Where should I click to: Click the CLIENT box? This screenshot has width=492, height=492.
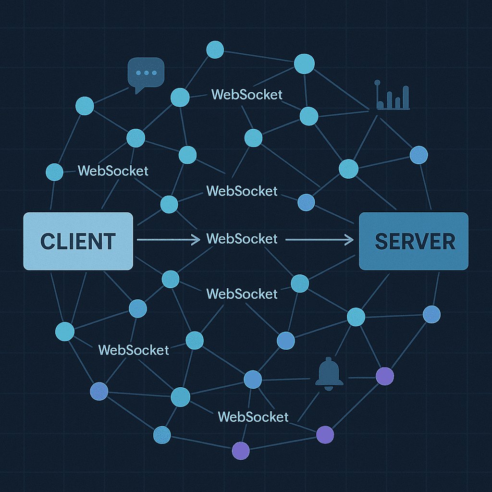click(x=78, y=241)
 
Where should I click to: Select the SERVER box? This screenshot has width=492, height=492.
click(x=414, y=241)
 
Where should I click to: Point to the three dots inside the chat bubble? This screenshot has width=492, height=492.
click(x=146, y=73)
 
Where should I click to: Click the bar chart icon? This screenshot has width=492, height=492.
click(x=393, y=96)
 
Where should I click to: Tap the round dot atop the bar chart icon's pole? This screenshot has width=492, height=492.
click(x=377, y=83)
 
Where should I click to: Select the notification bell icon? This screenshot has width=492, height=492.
click(x=329, y=372)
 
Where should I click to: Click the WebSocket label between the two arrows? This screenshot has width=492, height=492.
click(x=242, y=239)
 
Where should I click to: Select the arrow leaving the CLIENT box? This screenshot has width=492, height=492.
click(x=168, y=239)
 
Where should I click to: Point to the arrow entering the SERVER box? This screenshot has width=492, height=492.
click(x=320, y=239)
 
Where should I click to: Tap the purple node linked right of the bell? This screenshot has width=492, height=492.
click(x=384, y=376)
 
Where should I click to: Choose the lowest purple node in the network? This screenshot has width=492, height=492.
click(x=241, y=451)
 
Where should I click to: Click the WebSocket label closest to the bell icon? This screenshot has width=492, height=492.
click(x=253, y=417)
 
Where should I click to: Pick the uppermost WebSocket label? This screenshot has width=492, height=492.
click(x=246, y=95)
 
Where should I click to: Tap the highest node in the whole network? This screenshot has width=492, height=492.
click(x=215, y=49)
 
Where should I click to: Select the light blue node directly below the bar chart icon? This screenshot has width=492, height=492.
click(x=348, y=169)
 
